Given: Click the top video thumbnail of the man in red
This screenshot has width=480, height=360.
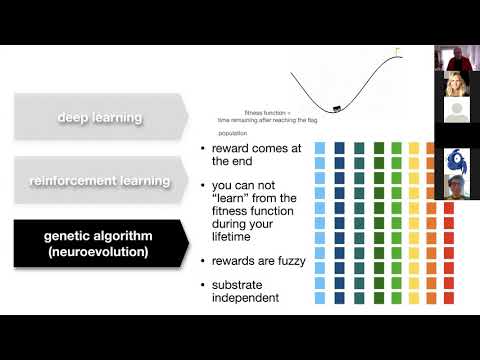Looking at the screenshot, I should pos(450,59).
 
